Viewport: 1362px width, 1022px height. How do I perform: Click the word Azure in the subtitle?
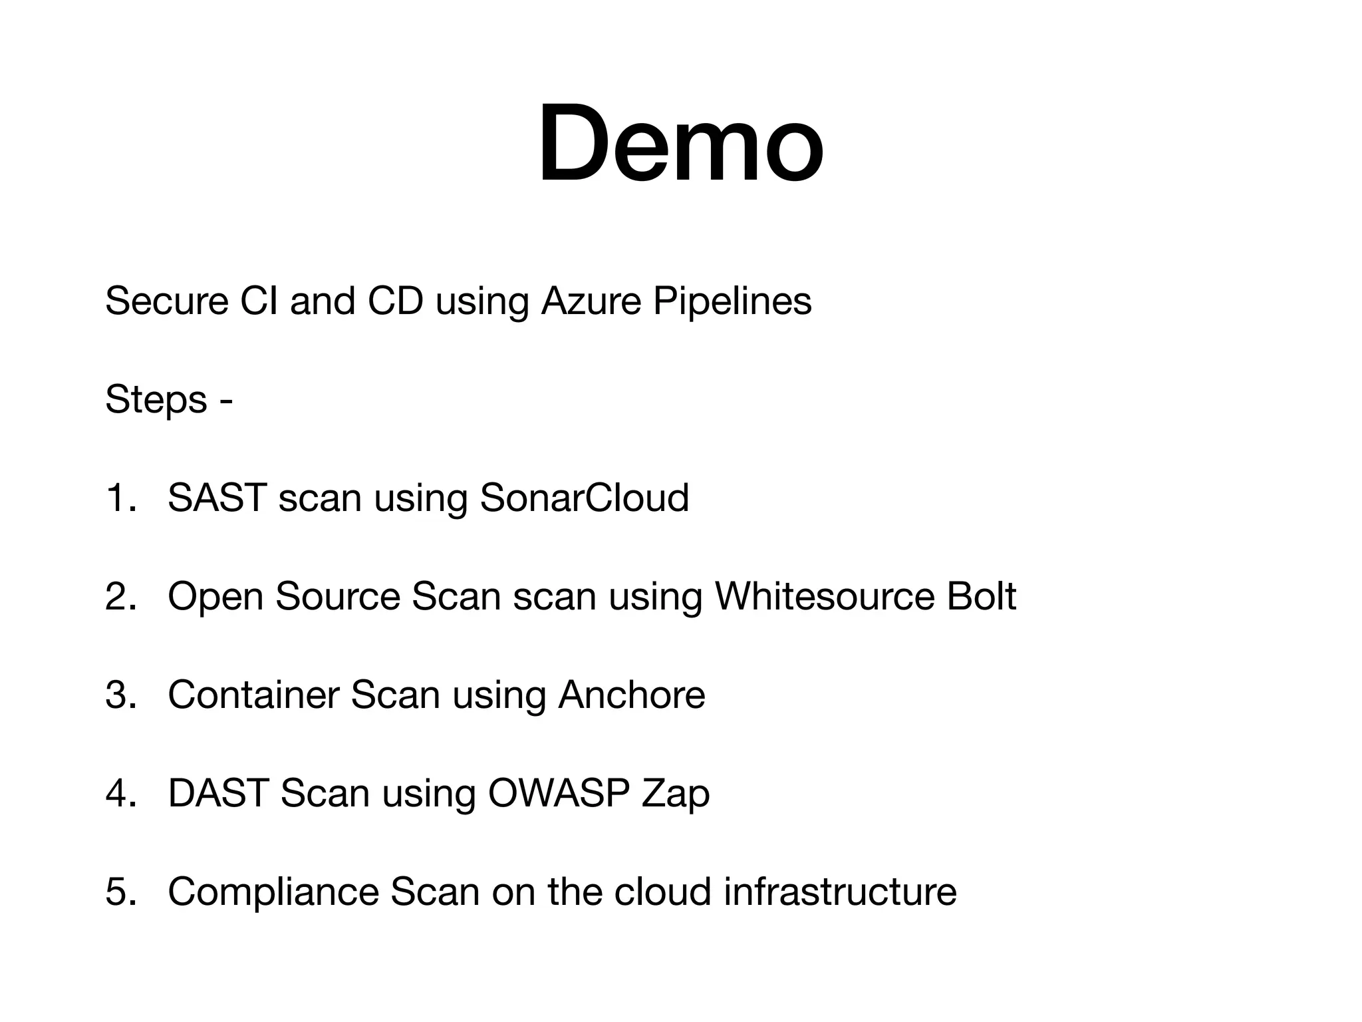[591, 301]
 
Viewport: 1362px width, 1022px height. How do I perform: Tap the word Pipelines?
[732, 301]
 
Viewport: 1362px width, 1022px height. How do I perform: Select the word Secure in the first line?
[167, 301]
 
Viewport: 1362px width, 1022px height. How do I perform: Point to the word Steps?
[156, 399]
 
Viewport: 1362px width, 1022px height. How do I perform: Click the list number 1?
[120, 498]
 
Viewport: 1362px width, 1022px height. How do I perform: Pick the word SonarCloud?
[584, 498]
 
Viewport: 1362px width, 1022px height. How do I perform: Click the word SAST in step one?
[217, 498]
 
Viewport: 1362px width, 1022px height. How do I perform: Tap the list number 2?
[120, 596]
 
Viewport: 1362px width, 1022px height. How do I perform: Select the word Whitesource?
[824, 596]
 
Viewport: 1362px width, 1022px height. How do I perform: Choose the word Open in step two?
[215, 596]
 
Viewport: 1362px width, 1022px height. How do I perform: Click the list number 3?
[120, 695]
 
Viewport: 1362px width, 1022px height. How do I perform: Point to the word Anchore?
[631, 695]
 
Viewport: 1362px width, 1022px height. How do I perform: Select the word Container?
[253, 695]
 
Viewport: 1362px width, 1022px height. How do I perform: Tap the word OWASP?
[559, 793]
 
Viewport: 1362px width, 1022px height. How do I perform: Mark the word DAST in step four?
[217, 793]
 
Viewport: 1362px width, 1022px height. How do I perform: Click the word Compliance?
[273, 892]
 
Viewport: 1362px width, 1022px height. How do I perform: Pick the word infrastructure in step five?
[840, 892]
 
